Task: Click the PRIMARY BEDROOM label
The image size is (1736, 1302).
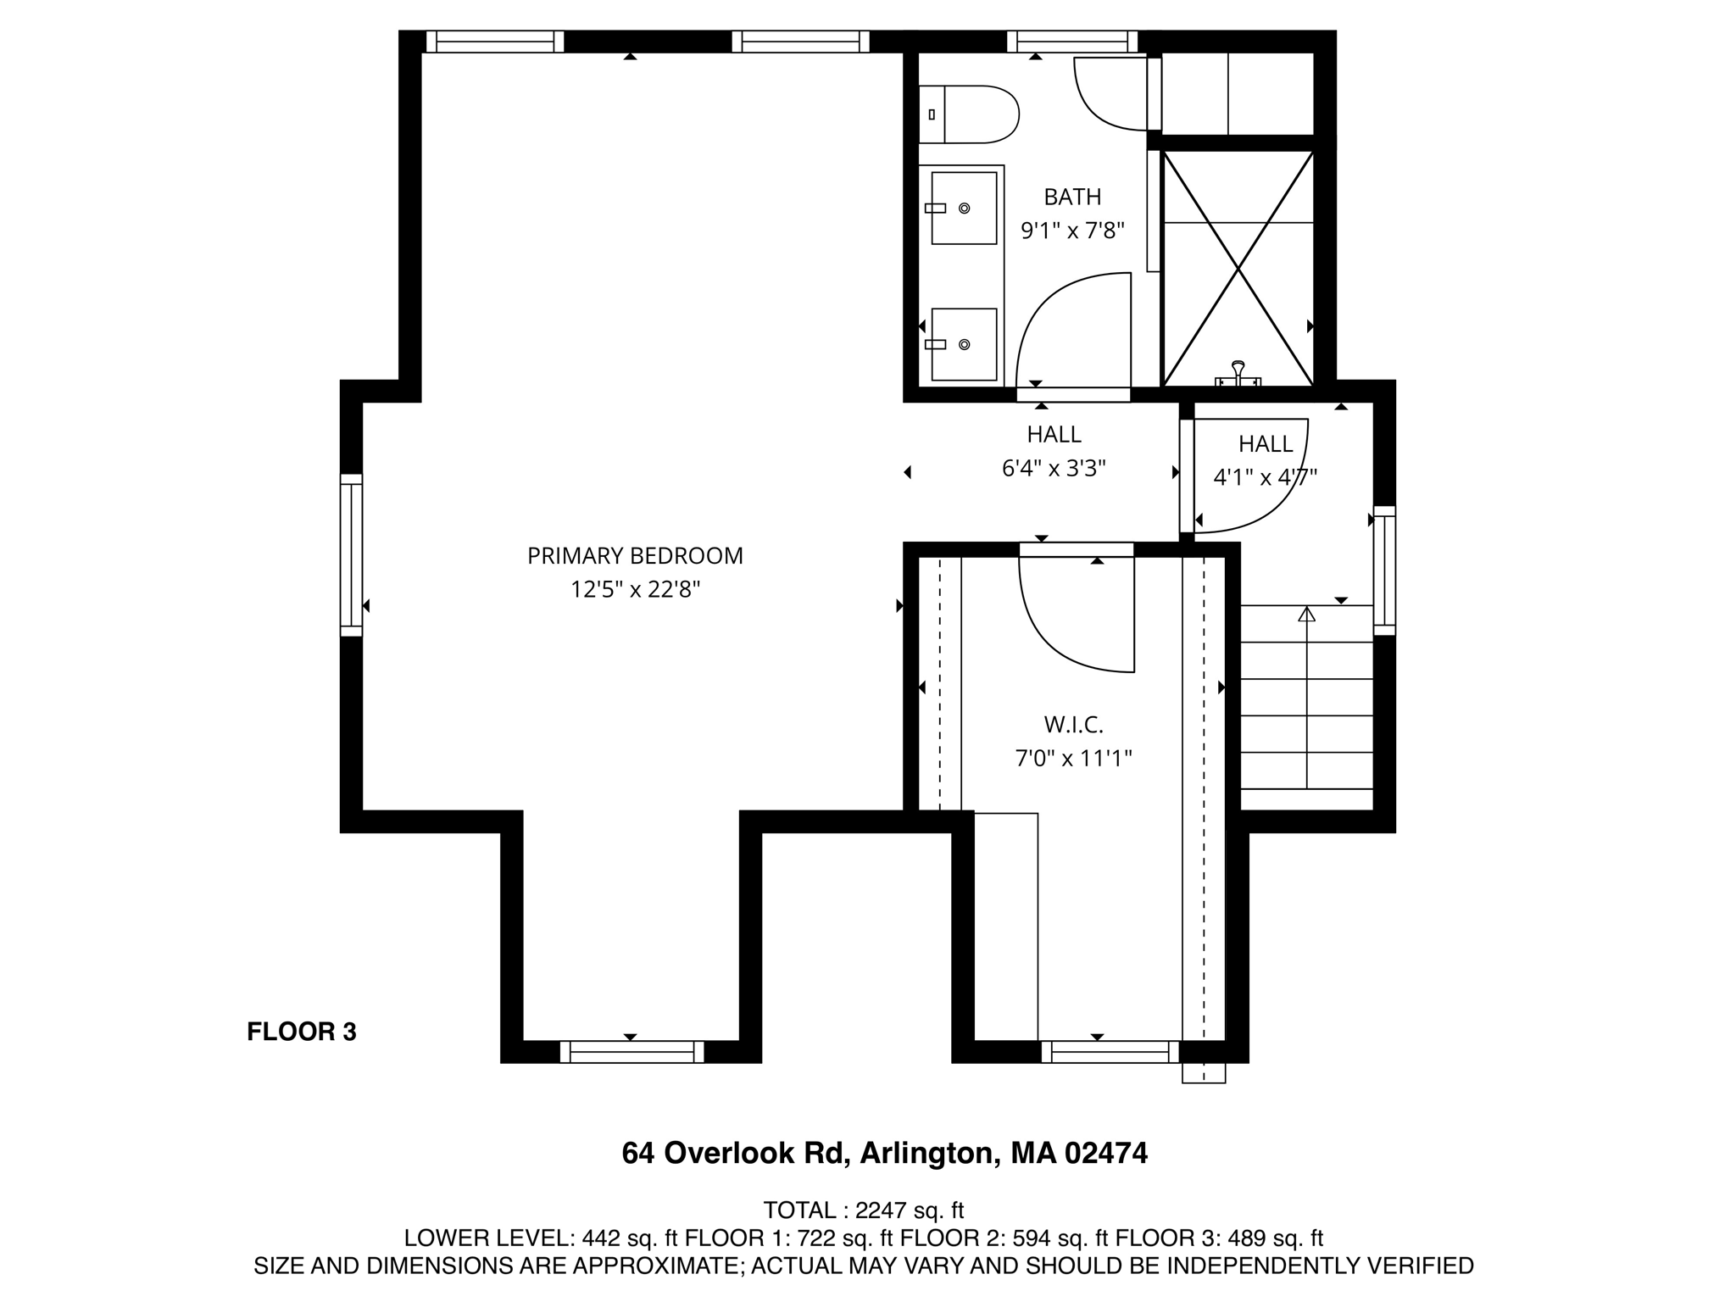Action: coord(635,556)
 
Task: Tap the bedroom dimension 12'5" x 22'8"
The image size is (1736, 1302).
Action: coord(635,589)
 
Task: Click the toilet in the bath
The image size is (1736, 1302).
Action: coord(975,114)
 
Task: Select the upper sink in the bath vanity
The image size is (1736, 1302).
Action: coord(964,208)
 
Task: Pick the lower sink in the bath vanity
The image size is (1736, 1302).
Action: coord(964,344)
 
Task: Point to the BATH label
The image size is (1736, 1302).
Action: coord(1072,197)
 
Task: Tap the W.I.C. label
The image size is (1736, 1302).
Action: coord(1073,725)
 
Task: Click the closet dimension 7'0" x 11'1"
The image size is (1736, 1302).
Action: coord(1073,758)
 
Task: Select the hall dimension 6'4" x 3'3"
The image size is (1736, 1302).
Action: coord(1054,468)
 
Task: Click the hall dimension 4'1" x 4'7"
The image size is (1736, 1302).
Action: coord(1265,477)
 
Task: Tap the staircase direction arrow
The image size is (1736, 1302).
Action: coord(1306,614)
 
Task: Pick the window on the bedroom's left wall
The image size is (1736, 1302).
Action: coord(351,555)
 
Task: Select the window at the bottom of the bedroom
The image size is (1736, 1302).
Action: coord(632,1052)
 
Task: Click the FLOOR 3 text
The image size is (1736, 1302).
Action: coord(301,1032)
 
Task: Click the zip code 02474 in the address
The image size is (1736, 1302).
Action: coord(1105,1153)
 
